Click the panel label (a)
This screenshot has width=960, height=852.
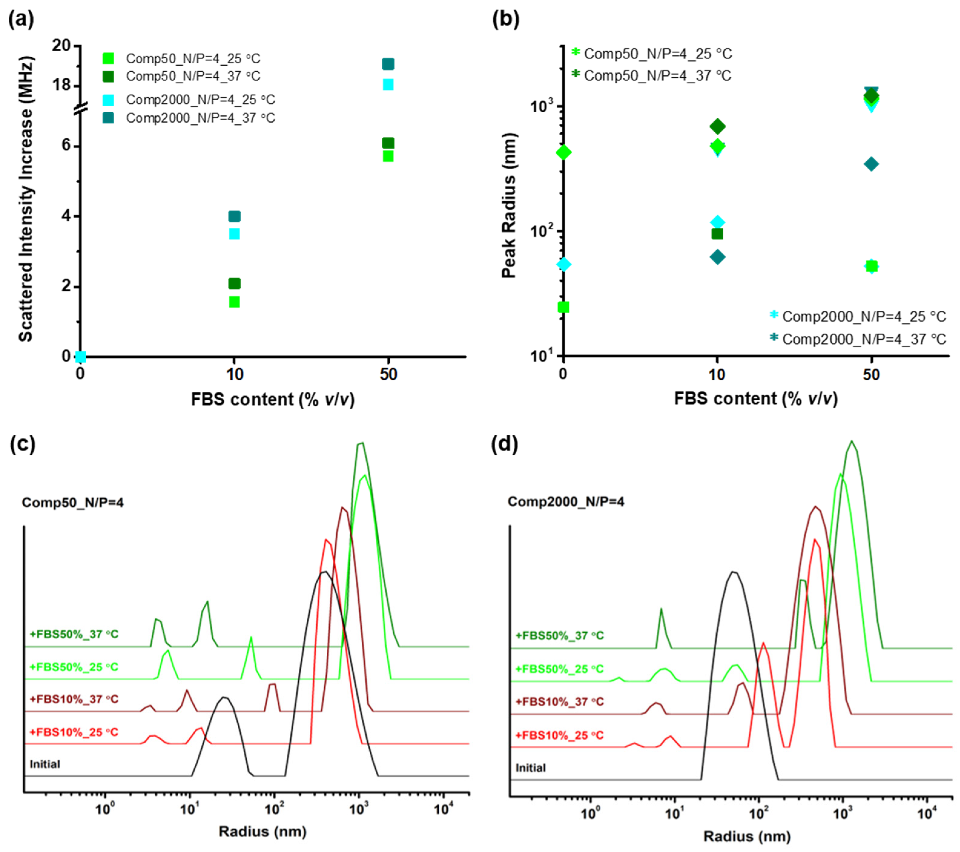click(x=21, y=20)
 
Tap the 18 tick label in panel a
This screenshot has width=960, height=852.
click(x=61, y=85)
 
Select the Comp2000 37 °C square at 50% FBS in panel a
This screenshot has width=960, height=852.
click(x=388, y=64)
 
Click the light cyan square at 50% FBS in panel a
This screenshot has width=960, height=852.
click(x=388, y=84)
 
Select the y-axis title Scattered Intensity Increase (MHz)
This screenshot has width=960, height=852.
click(x=25, y=199)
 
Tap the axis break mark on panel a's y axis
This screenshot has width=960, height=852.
click(x=81, y=109)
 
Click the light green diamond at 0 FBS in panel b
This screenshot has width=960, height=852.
click(x=564, y=152)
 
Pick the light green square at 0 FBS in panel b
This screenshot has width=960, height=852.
click(x=564, y=307)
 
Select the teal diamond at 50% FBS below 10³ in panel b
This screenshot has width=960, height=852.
click(x=871, y=164)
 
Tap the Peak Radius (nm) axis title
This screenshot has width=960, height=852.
click(x=509, y=205)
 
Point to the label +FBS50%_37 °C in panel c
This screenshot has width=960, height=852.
click(x=74, y=634)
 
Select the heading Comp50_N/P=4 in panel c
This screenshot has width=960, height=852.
click(x=73, y=503)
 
